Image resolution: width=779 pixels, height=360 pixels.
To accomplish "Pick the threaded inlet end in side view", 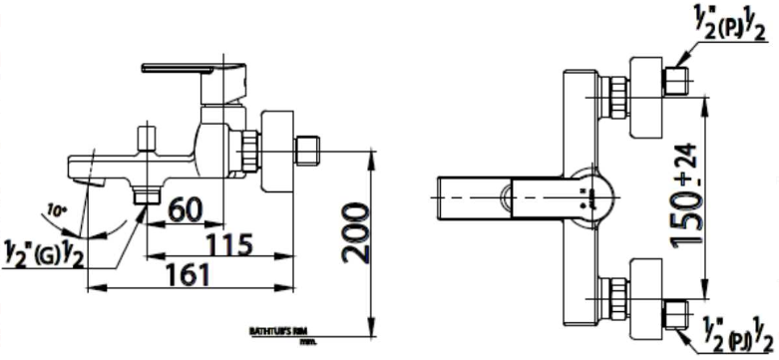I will coord(311,154).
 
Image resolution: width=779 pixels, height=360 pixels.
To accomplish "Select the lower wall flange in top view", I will coord(650,296).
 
